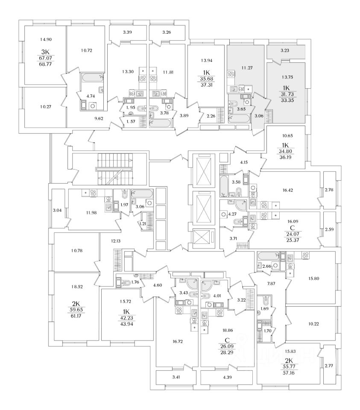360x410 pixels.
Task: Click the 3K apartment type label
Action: tap(45, 52)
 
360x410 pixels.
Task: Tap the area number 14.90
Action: tap(46, 39)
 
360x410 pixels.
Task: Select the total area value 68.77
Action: tap(45, 64)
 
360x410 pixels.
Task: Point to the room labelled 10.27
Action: tap(46, 107)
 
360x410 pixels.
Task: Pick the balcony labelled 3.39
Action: tap(127, 33)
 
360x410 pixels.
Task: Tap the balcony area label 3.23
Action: tap(285, 50)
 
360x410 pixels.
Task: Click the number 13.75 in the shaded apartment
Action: tap(287, 77)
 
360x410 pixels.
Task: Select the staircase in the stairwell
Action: tap(115, 169)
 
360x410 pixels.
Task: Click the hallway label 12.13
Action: tap(116, 241)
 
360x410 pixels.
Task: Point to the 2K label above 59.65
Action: tap(76, 304)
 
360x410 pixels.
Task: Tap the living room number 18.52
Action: tap(77, 287)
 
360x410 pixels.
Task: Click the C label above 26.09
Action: tap(227, 340)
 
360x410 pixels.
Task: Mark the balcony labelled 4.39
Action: tap(226, 377)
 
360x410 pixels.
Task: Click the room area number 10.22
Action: tap(313, 324)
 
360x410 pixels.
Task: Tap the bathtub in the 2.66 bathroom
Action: tap(268, 256)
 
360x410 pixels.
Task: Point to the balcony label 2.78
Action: tap(329, 190)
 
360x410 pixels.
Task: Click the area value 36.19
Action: tap(285, 158)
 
